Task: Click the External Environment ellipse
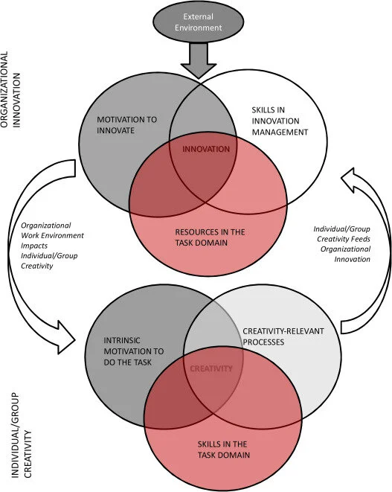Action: click(x=198, y=22)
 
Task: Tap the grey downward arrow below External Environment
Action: click(x=198, y=60)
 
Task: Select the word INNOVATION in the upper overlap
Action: click(x=206, y=149)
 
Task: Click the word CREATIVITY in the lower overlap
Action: click(x=211, y=368)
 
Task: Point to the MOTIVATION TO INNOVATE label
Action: click(x=126, y=125)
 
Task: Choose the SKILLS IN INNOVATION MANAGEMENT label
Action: click(x=280, y=121)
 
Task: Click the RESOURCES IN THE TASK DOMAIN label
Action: click(x=210, y=237)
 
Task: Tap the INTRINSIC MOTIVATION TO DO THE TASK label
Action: click(x=134, y=351)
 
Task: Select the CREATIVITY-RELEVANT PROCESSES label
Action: click(x=283, y=336)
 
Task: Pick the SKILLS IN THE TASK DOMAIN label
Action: click(x=224, y=450)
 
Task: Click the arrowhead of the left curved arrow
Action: click(x=65, y=338)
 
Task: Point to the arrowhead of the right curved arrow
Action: click(x=349, y=179)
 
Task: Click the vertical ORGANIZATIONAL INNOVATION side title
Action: click(x=10, y=89)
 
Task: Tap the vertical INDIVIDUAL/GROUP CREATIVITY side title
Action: click(x=22, y=435)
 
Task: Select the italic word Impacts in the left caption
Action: click(x=34, y=246)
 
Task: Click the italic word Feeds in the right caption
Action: click(x=360, y=239)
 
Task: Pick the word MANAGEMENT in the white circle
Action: click(x=280, y=132)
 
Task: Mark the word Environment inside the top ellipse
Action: click(x=198, y=28)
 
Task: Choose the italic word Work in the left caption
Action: click(x=30, y=235)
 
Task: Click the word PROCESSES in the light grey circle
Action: click(x=263, y=342)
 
